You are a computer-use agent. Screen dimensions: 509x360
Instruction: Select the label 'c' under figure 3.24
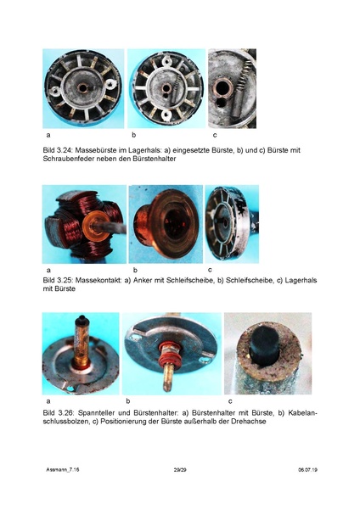pos(215,136)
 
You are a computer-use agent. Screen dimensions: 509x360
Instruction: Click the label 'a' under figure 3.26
pos(48,400)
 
